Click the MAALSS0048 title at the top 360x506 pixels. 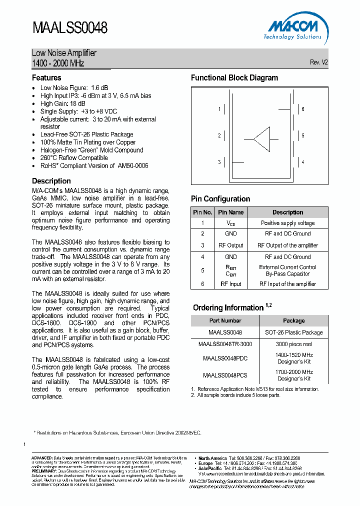pyautogui.click(x=70, y=27)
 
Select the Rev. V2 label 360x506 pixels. pyautogui.click(x=318, y=62)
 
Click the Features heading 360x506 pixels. pyautogui.click(x=46, y=78)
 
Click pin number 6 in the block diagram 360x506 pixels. pyautogui.click(x=303, y=109)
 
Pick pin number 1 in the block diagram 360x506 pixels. pyautogui.click(x=219, y=109)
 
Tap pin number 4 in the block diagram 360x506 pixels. pyautogui.click(x=303, y=162)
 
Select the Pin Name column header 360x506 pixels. pyautogui.click(x=230, y=212)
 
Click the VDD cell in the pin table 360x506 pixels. pyautogui.click(x=230, y=223)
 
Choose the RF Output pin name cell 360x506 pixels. pyautogui.click(x=230, y=245)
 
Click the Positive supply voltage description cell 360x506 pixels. pyautogui.click(x=287, y=223)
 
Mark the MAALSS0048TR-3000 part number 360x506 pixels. pyautogui.click(x=225, y=344)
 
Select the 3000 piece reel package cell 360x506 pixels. pyautogui.click(x=293, y=344)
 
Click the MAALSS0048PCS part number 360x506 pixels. pyautogui.click(x=225, y=375)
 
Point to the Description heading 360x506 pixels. pyautogui.click(x=51, y=181)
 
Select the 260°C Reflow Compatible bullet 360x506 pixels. pyautogui.click(x=74, y=157)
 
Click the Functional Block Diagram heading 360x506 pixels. pyautogui.click(x=234, y=78)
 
